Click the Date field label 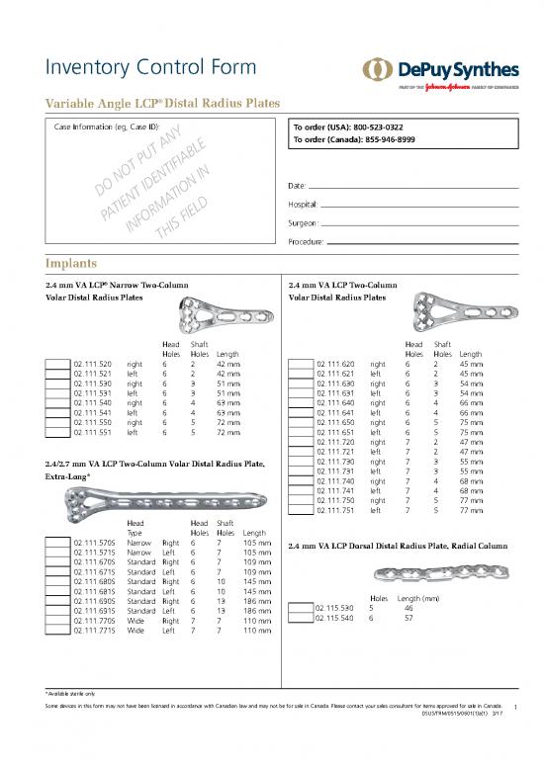coord(296,185)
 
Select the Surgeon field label coord(303,222)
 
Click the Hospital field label coord(303,204)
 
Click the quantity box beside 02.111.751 coord(300,511)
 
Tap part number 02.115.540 coord(332,619)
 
